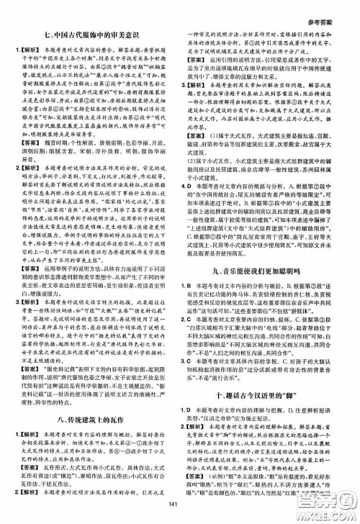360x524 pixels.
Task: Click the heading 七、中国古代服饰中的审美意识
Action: point(94,33)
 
